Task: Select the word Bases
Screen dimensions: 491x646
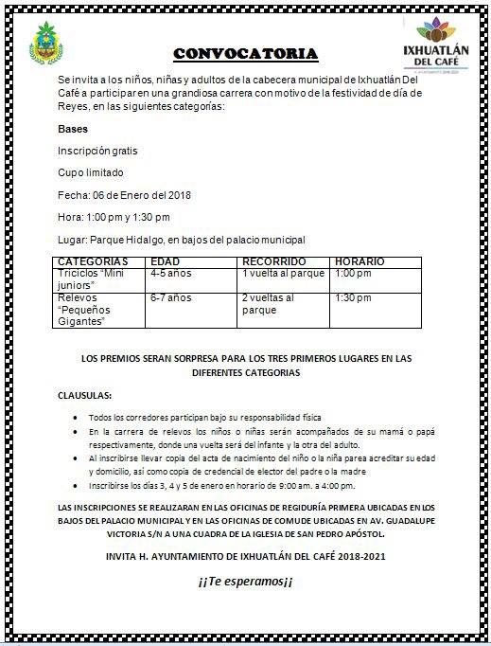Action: [73, 129]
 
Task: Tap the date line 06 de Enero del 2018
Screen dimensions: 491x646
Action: [124, 195]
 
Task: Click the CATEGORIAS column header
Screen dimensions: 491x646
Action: [93, 260]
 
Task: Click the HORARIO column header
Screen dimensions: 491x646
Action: [360, 260]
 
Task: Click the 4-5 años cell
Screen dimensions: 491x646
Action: [170, 273]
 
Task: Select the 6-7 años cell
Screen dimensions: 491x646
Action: [170, 297]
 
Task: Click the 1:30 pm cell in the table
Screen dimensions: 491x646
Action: [353, 297]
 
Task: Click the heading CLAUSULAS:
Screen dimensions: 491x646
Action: [83, 394]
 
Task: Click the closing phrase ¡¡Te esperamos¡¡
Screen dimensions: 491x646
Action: [246, 581]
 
